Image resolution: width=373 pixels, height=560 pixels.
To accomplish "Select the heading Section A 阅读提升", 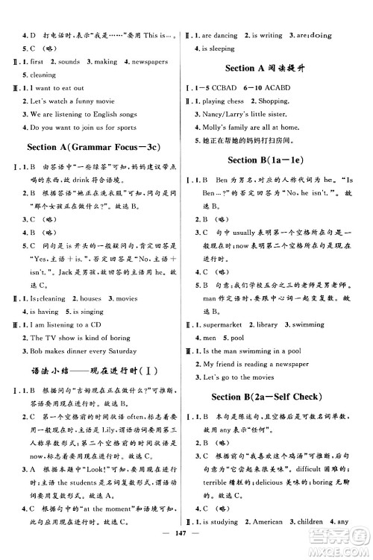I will coord(275,69).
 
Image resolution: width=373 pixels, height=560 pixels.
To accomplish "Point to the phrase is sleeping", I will coord(221,49).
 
